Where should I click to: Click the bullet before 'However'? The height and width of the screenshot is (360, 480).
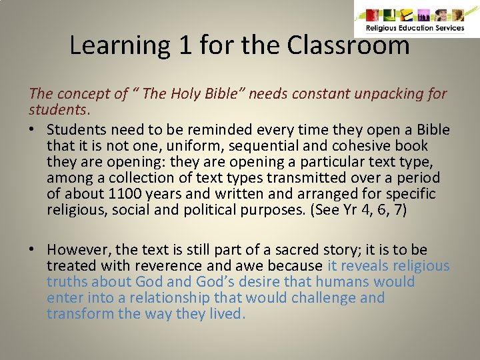click(x=33, y=250)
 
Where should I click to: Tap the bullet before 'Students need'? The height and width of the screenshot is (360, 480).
click(x=33, y=130)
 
